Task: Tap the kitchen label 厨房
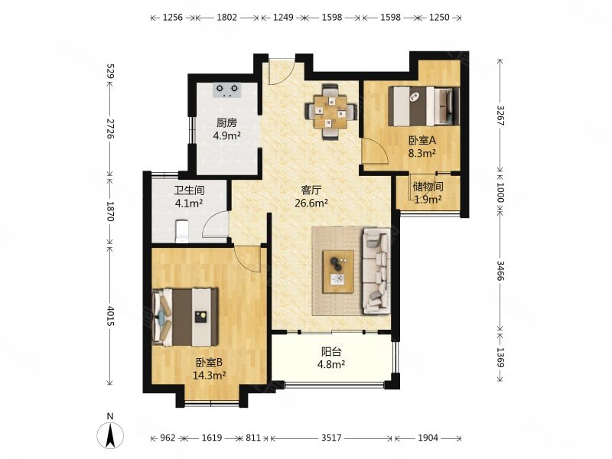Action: [x=226, y=123]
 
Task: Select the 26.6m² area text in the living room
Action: [x=311, y=203]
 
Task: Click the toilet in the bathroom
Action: [x=182, y=231]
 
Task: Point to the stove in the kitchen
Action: [x=227, y=90]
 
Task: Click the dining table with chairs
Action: [x=330, y=112]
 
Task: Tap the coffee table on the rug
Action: [x=338, y=272]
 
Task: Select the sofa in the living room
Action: [x=376, y=272]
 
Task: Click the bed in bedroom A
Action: [x=424, y=106]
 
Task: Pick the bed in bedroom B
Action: [x=185, y=317]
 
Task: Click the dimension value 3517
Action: [x=331, y=438]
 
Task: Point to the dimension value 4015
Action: [x=110, y=316]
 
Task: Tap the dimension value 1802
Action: [x=226, y=17]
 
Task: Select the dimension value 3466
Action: [x=501, y=271]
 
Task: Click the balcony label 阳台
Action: [x=331, y=352]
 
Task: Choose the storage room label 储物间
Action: [x=428, y=187]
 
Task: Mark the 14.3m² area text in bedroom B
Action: [x=210, y=376]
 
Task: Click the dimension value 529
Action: [x=110, y=71]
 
